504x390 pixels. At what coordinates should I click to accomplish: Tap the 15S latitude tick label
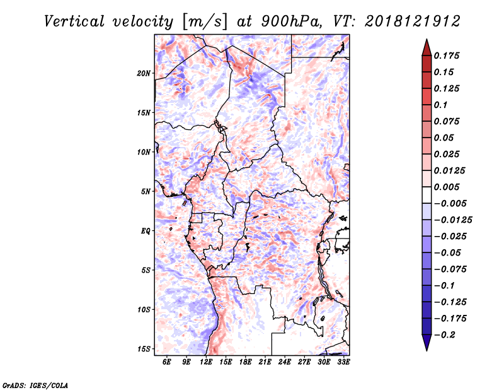point(144,349)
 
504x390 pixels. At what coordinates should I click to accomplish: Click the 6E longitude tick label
point(167,362)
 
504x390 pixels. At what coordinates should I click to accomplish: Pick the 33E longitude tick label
point(343,362)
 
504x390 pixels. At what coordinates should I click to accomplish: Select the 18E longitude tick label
point(246,362)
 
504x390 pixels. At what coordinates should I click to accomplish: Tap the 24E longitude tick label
point(285,362)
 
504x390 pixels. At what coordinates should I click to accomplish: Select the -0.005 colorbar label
point(452,203)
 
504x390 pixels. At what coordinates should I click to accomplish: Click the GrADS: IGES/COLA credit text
point(35,384)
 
